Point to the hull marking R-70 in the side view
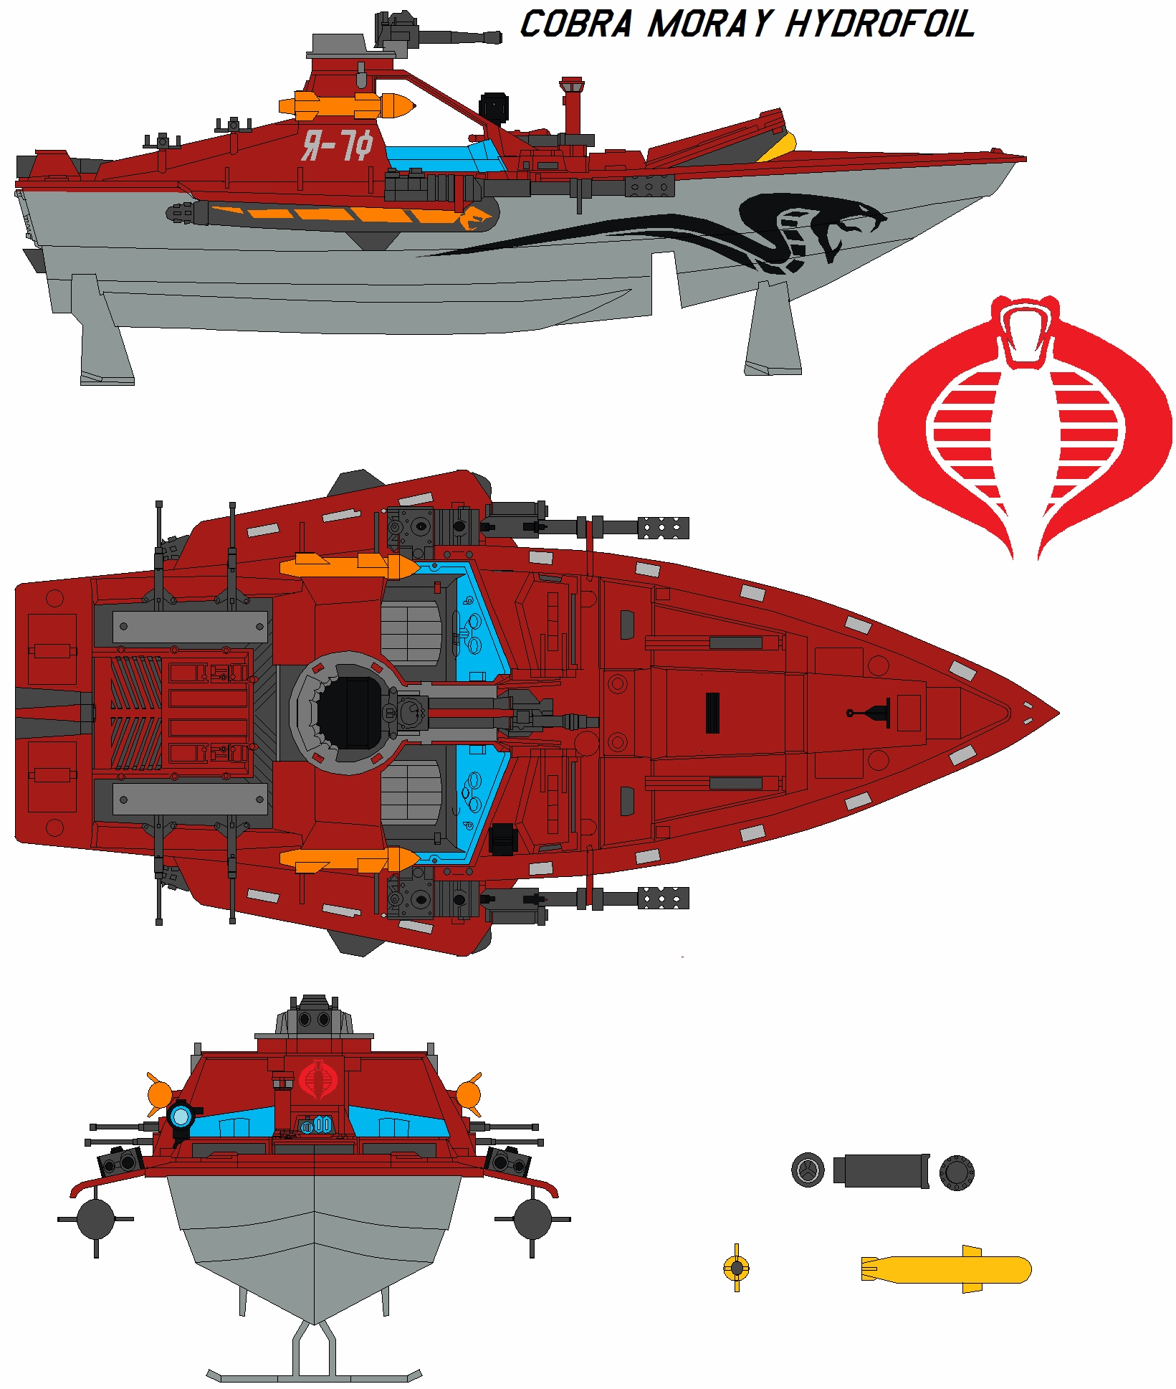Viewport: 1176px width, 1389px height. [337, 146]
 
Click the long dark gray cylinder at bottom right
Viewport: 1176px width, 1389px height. [881, 1171]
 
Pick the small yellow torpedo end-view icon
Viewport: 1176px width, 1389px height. [736, 1268]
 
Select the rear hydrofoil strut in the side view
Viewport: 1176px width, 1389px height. [104, 330]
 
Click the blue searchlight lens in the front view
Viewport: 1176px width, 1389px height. [180, 1116]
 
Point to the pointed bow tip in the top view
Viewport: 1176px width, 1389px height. [1053, 713]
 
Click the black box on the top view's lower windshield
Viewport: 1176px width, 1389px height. [503, 838]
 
